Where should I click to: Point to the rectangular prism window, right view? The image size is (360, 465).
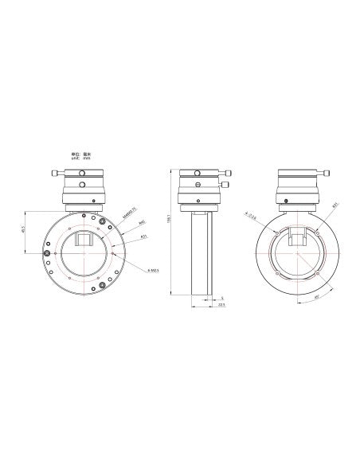[298, 236]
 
